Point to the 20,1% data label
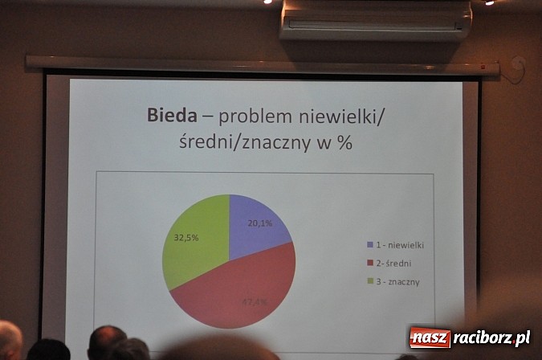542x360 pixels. tap(259, 223)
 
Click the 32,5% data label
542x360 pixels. tap(186, 237)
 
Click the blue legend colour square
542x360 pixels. tap(369, 244)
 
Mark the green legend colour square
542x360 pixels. tap(369, 281)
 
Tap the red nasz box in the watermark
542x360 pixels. tap(430, 337)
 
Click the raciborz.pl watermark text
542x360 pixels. tap(491, 337)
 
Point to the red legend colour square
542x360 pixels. tap(369, 263)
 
